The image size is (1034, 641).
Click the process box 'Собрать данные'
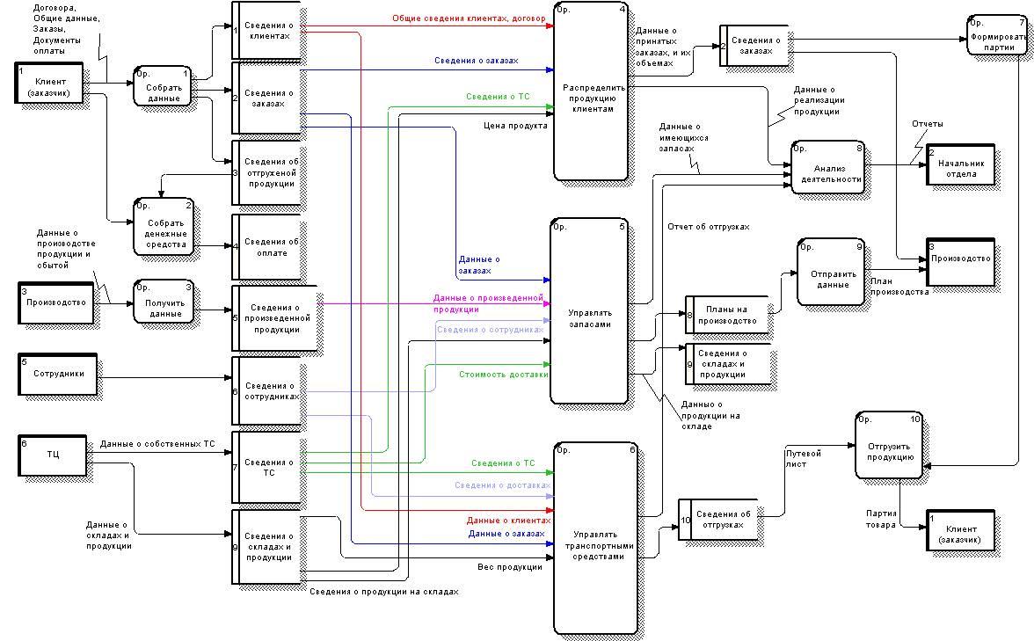162,86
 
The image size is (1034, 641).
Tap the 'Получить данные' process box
164,302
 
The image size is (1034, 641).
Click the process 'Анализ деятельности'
828,167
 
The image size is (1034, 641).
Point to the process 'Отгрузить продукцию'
888,446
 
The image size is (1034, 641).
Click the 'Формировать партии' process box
997,35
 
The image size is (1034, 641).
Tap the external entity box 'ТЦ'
54,455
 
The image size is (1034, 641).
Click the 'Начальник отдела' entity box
960,164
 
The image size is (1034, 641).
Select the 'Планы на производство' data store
726,315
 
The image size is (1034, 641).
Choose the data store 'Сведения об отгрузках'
725,520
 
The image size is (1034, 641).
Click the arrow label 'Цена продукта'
515,126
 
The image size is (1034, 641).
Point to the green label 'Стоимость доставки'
504,375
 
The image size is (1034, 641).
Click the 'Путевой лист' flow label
804,459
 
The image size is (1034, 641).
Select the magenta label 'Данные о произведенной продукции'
487,303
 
